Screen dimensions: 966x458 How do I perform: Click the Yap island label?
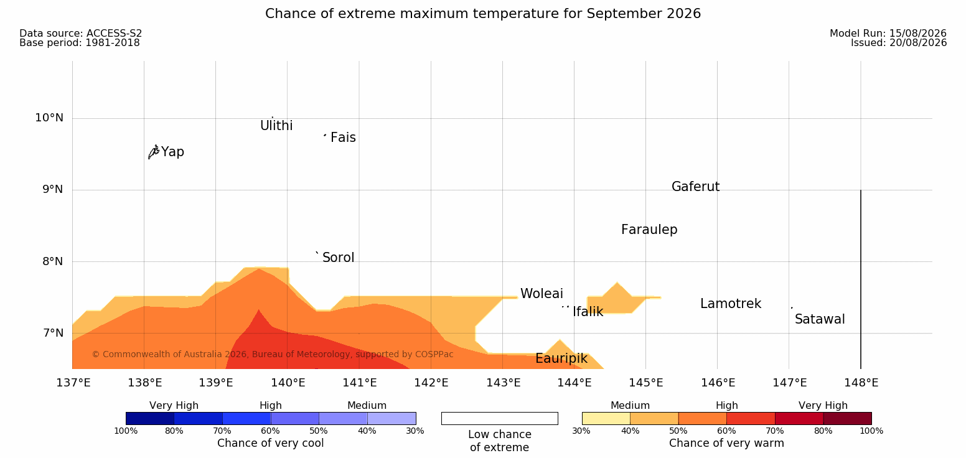172,152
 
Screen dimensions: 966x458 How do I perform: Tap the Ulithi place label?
276,126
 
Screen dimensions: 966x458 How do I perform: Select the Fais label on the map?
344,138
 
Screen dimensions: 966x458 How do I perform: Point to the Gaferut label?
696,187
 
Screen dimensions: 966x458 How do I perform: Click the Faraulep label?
649,230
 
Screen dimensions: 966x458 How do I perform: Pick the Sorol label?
338,258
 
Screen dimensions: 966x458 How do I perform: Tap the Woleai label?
542,294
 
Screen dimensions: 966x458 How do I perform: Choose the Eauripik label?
561,359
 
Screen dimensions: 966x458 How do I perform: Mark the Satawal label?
820,320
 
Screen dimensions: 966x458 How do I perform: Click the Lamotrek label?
731,304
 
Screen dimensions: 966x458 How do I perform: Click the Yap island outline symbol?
154,152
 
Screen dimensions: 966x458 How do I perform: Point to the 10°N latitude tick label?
49,118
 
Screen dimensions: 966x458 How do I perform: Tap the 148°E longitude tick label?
861,383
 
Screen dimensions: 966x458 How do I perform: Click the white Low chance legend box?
499,418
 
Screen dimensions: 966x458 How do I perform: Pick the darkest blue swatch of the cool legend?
150,418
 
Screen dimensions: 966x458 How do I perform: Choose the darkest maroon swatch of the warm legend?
847,418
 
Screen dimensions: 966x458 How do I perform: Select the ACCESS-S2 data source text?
115,34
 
